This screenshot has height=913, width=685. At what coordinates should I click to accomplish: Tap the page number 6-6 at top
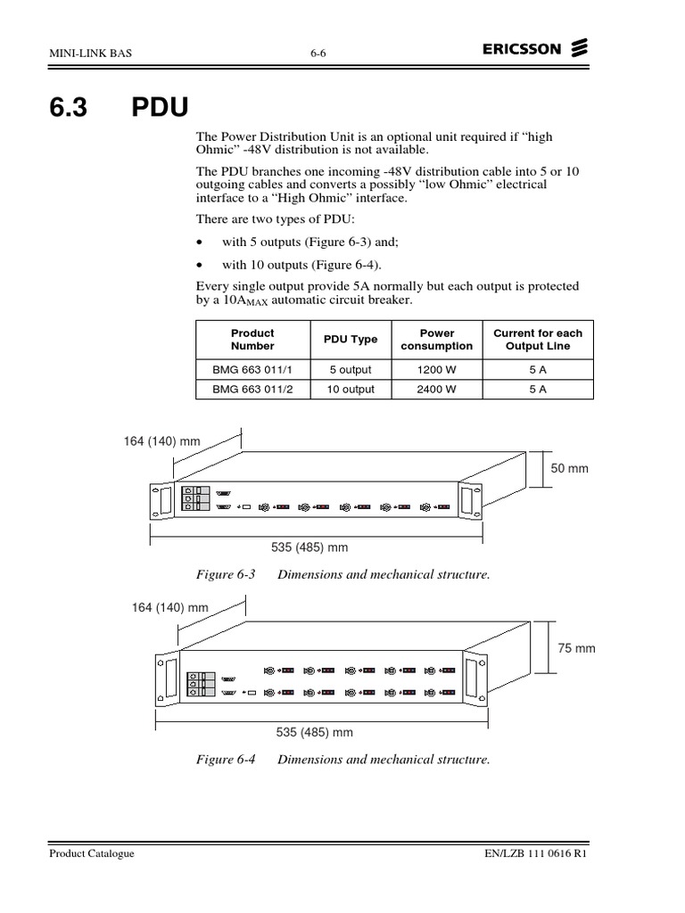[318, 53]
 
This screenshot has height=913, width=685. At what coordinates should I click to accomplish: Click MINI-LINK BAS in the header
[89, 53]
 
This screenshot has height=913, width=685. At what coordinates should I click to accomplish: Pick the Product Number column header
[252, 339]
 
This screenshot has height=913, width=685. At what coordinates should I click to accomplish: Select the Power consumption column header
[436, 339]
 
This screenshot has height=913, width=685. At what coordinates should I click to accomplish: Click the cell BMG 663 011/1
[252, 369]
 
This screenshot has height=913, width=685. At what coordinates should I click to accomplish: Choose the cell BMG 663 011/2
[252, 390]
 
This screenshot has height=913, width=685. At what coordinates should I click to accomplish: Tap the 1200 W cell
[436, 369]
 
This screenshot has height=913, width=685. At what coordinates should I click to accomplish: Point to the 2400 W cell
[436, 390]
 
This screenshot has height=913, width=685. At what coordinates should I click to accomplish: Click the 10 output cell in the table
[350, 390]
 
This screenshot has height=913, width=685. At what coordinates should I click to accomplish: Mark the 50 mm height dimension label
[571, 468]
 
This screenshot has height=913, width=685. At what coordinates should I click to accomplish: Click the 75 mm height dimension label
[576, 648]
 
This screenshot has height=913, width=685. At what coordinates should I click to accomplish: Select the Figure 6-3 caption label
[226, 575]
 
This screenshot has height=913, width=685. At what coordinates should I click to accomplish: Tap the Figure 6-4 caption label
[226, 760]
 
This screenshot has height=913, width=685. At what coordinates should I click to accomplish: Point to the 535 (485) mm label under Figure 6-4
[315, 732]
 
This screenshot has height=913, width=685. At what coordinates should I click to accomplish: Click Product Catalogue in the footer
[92, 853]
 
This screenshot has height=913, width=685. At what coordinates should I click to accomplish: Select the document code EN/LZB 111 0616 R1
[534, 853]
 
